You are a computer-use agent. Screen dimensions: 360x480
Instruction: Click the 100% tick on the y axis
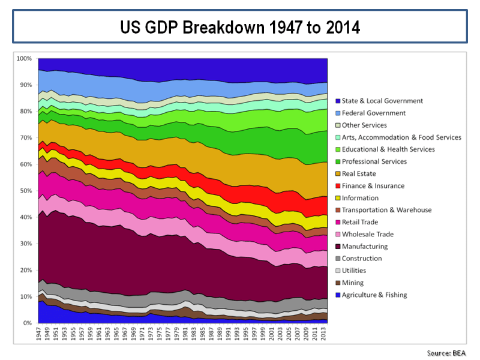[x=24, y=59]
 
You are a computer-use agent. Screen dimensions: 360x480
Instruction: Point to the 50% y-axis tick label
[x=25, y=191]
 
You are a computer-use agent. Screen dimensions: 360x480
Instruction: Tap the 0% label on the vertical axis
[x=28, y=323]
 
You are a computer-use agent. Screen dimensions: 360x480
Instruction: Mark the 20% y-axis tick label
[x=25, y=271]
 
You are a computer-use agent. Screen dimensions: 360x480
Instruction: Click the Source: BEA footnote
[x=446, y=352]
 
